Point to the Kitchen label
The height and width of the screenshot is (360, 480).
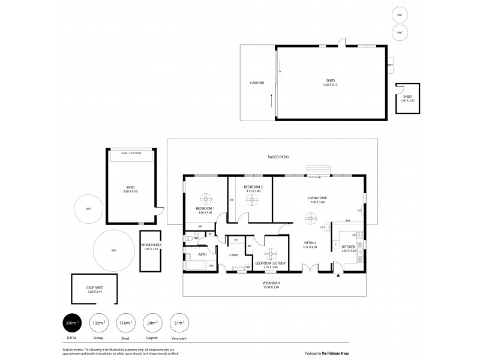[349, 247]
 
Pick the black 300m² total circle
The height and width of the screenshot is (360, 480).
[71, 323]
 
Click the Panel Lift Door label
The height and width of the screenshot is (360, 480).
[130, 153]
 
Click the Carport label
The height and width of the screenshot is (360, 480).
[257, 83]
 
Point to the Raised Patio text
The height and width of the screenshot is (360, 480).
[278, 157]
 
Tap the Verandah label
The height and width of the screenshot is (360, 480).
[272, 283]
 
